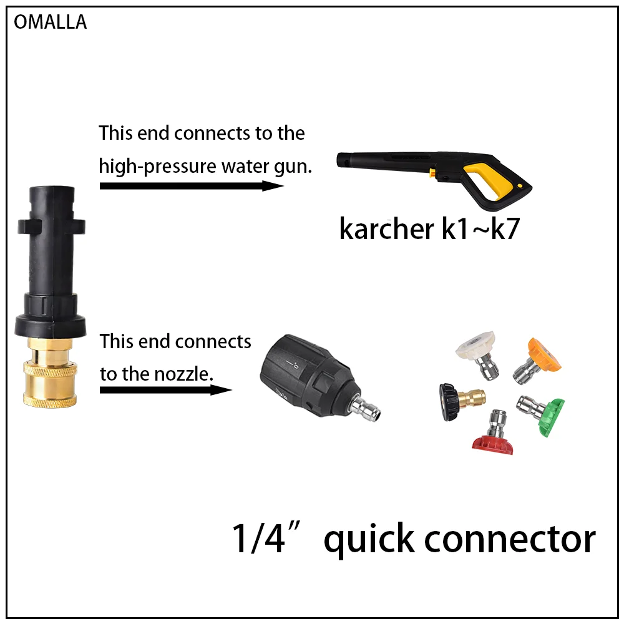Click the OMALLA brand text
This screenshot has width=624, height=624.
[50, 22]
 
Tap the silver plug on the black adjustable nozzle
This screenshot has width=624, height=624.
[365, 409]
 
